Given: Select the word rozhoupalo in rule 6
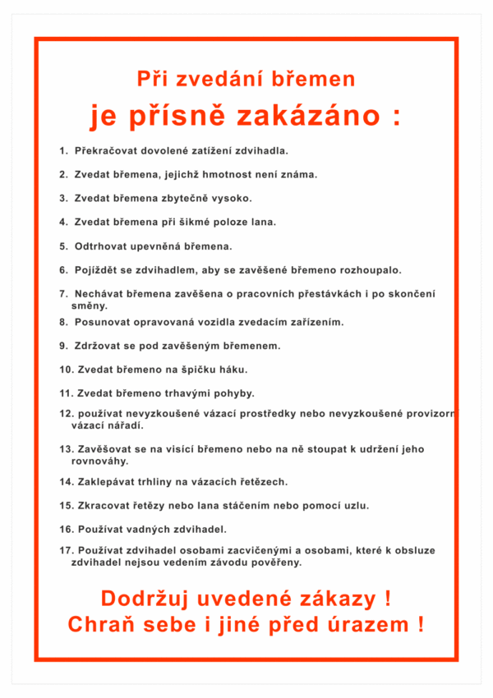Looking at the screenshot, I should [x=369, y=269].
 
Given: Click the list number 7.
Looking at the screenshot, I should [x=62, y=293].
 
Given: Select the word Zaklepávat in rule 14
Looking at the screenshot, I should [x=108, y=482].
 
